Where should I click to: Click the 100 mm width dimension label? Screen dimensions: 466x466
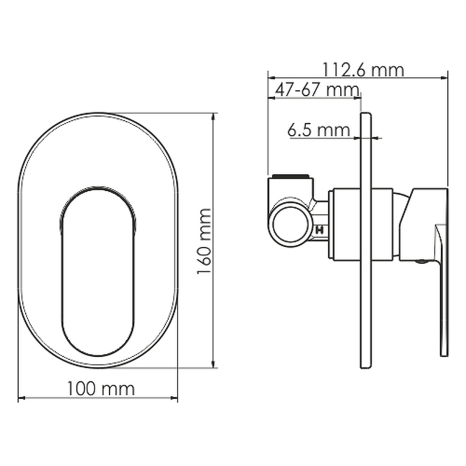pos(101,389)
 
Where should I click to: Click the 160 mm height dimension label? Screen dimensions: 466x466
pos(204,241)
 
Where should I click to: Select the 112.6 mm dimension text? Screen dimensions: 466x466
pos(363,70)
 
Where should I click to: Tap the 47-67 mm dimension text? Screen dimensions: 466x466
pos(317,90)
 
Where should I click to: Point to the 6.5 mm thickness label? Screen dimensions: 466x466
pos(319,130)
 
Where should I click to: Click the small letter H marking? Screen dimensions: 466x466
pos(320,230)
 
